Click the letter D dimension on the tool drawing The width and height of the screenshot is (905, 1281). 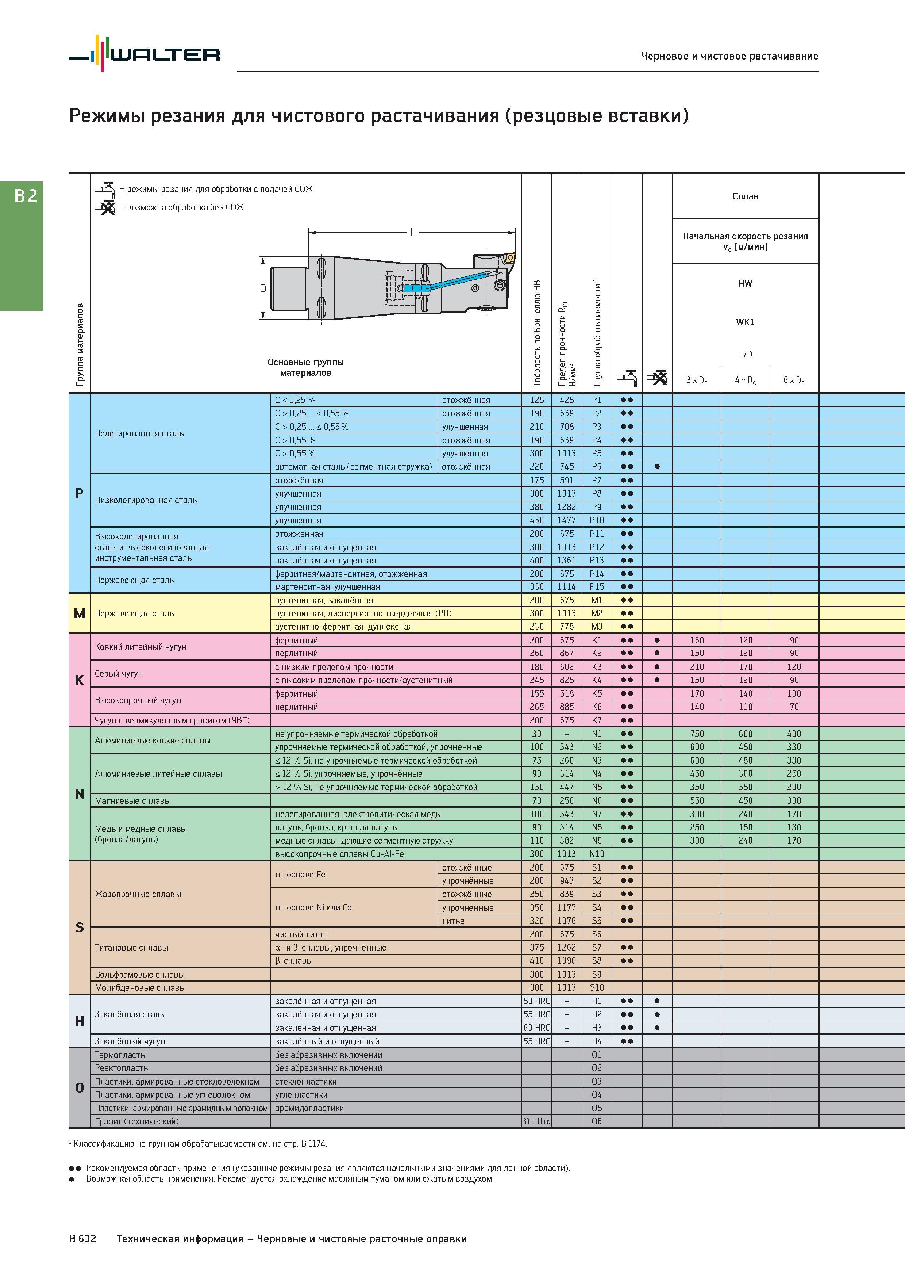point(263,288)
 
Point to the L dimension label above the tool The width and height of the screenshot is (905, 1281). point(413,233)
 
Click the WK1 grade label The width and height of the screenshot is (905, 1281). point(745,322)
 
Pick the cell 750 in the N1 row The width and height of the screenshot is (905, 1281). point(697,734)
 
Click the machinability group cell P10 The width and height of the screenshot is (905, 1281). point(597,520)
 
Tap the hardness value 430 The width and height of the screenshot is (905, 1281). point(536,520)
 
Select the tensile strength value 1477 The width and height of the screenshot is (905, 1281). point(566,520)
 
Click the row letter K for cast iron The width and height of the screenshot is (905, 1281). point(79,680)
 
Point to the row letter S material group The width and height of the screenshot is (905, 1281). point(79,927)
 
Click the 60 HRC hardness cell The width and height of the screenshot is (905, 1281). point(536,1028)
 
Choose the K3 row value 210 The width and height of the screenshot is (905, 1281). point(697,667)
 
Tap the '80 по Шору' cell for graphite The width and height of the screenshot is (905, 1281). point(536,1121)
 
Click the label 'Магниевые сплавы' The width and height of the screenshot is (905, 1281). point(133,800)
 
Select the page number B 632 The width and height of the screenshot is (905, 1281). point(82,1239)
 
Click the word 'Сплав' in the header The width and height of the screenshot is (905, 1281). point(745,196)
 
